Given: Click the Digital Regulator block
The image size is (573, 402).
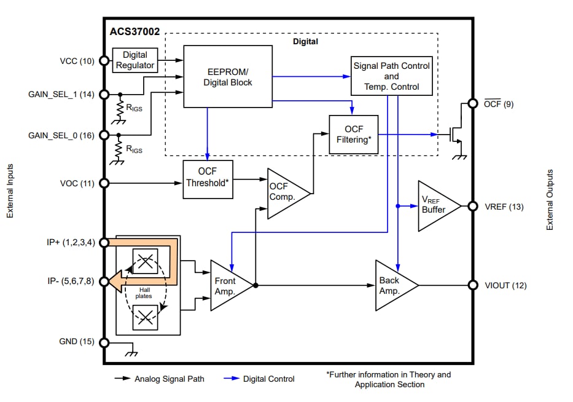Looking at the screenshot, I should point(134,60).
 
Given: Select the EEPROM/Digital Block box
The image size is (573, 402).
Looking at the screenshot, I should point(227,77).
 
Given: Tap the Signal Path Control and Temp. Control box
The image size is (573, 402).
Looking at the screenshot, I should point(391,76).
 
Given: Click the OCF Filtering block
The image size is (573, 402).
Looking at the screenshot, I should point(353,134).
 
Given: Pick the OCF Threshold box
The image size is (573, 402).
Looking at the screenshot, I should point(208,179).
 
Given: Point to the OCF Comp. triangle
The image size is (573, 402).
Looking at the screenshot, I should point(284,193).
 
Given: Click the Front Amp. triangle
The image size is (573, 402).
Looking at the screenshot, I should point(228,285).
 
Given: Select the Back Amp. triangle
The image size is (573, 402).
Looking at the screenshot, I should point(392,285).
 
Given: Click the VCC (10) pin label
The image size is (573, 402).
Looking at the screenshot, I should point(77,61).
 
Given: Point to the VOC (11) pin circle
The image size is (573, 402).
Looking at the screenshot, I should point(104,183).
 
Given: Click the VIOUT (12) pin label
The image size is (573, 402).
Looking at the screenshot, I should point(505,285).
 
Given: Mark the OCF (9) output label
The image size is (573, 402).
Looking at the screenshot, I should point(498,104).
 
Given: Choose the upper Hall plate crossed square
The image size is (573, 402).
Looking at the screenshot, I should point(146,262).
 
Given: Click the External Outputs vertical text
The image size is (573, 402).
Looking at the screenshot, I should point(550,200).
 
